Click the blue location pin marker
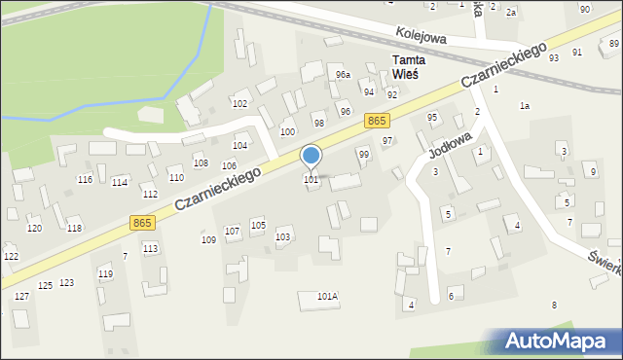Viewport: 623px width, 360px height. [311, 157]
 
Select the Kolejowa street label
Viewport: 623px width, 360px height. [421, 36]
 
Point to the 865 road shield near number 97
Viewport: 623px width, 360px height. [379, 120]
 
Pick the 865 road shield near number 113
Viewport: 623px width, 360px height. [142, 224]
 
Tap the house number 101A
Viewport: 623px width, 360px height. [327, 296]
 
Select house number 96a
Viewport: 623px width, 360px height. [342, 75]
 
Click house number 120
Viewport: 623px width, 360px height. [34, 228]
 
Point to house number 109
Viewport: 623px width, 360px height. [208, 239]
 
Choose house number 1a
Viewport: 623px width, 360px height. [525, 105]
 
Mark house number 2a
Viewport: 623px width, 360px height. [510, 12]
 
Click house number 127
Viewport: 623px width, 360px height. [21, 296]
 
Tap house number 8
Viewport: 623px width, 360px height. [554, 306]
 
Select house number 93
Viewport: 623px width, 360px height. [553, 58]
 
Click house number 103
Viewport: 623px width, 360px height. [283, 237]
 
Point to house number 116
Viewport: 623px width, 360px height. [86, 180]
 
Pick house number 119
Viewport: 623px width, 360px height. [105, 274]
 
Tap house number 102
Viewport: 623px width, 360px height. [239, 103]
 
